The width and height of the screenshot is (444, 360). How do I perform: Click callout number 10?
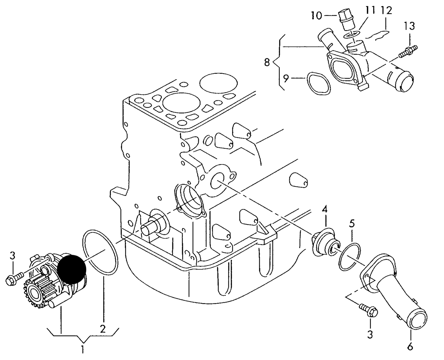click(316, 15)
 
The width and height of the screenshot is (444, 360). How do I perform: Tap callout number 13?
click(409, 26)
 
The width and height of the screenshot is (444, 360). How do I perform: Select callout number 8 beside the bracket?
click(267, 62)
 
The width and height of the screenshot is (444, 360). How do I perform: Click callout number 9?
click(286, 78)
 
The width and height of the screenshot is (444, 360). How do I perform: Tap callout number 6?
click(410, 347)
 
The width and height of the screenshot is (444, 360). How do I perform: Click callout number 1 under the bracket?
click(82, 350)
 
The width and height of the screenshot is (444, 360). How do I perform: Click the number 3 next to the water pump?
click(12, 255)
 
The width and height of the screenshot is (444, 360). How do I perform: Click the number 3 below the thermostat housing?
click(370, 334)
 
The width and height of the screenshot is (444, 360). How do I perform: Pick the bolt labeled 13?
click(407, 51)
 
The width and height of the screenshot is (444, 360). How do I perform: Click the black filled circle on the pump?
click(71, 269)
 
